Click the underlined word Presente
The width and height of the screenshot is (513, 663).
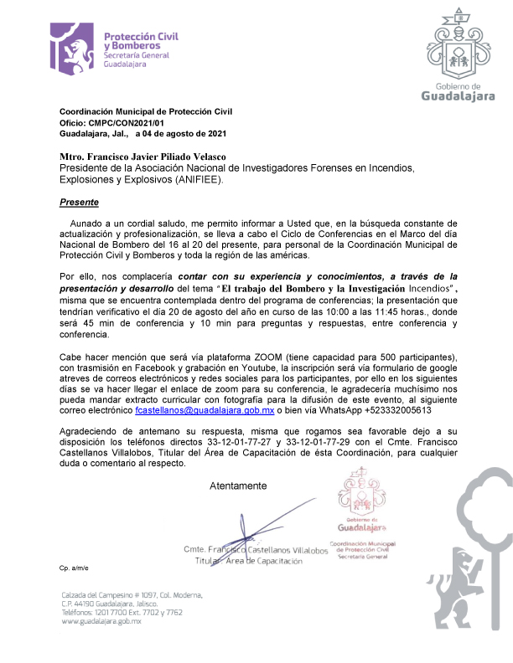[x=79, y=203]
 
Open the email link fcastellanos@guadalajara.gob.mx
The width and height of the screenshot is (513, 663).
[x=205, y=411]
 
